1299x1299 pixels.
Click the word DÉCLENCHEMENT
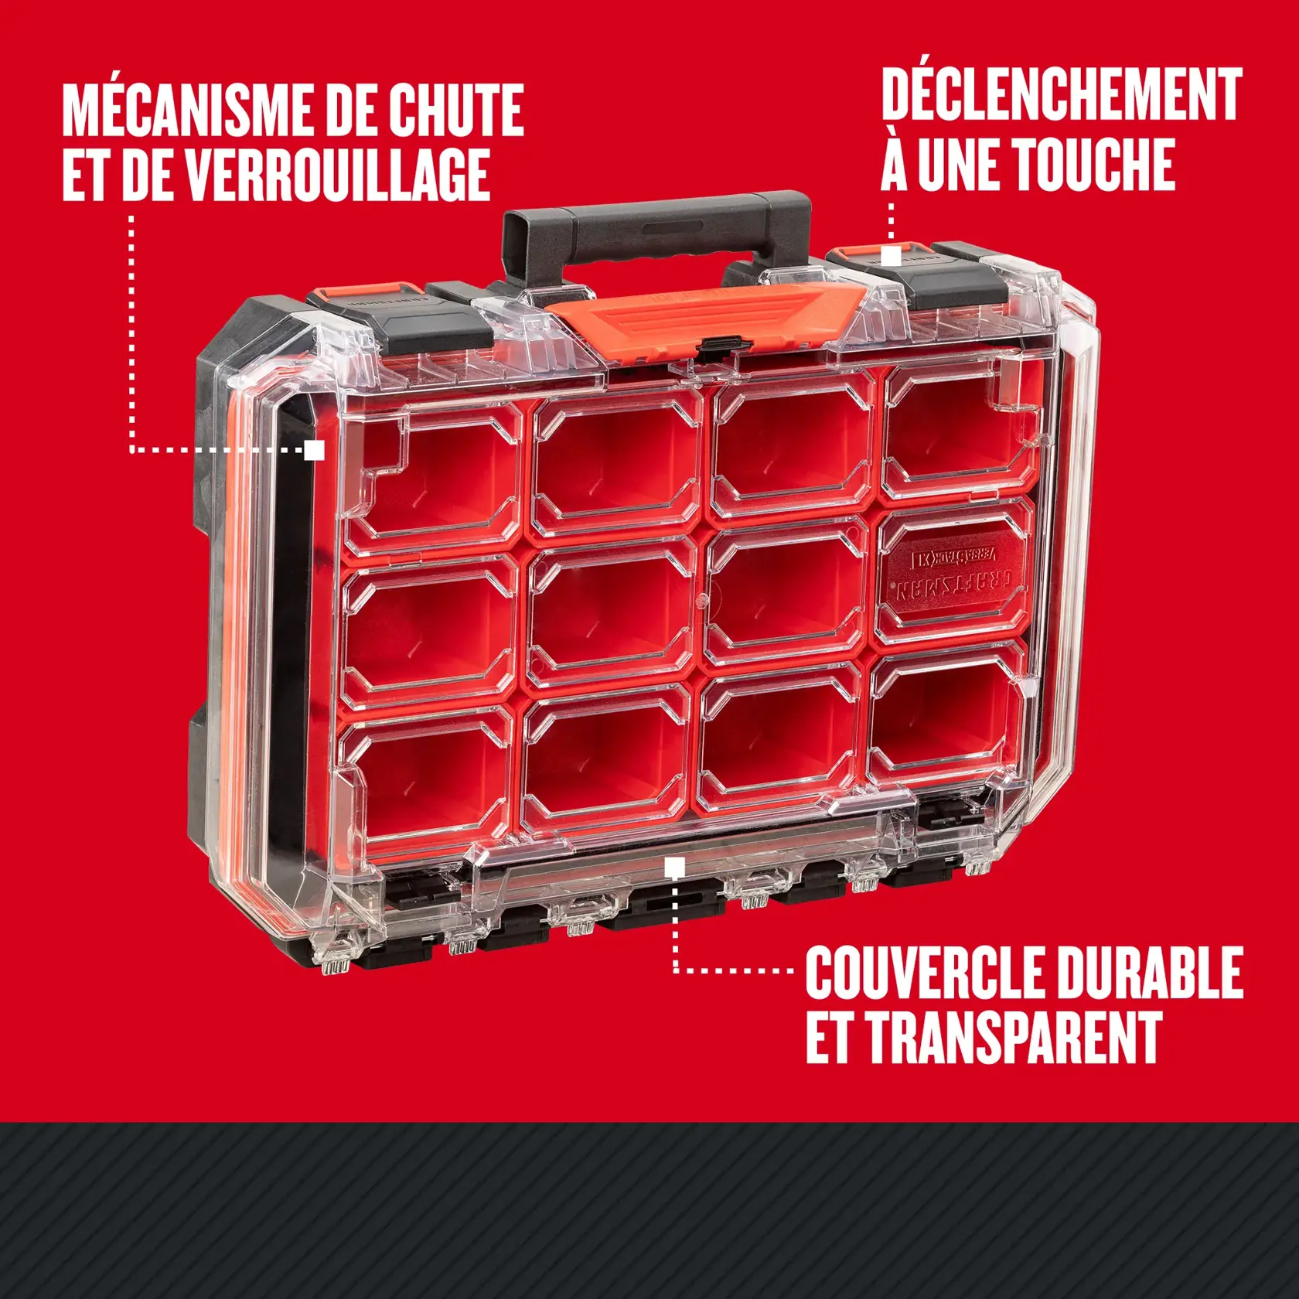point(1062,95)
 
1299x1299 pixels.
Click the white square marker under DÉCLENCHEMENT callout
point(892,256)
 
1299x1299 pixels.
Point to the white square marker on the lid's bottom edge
point(674,868)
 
